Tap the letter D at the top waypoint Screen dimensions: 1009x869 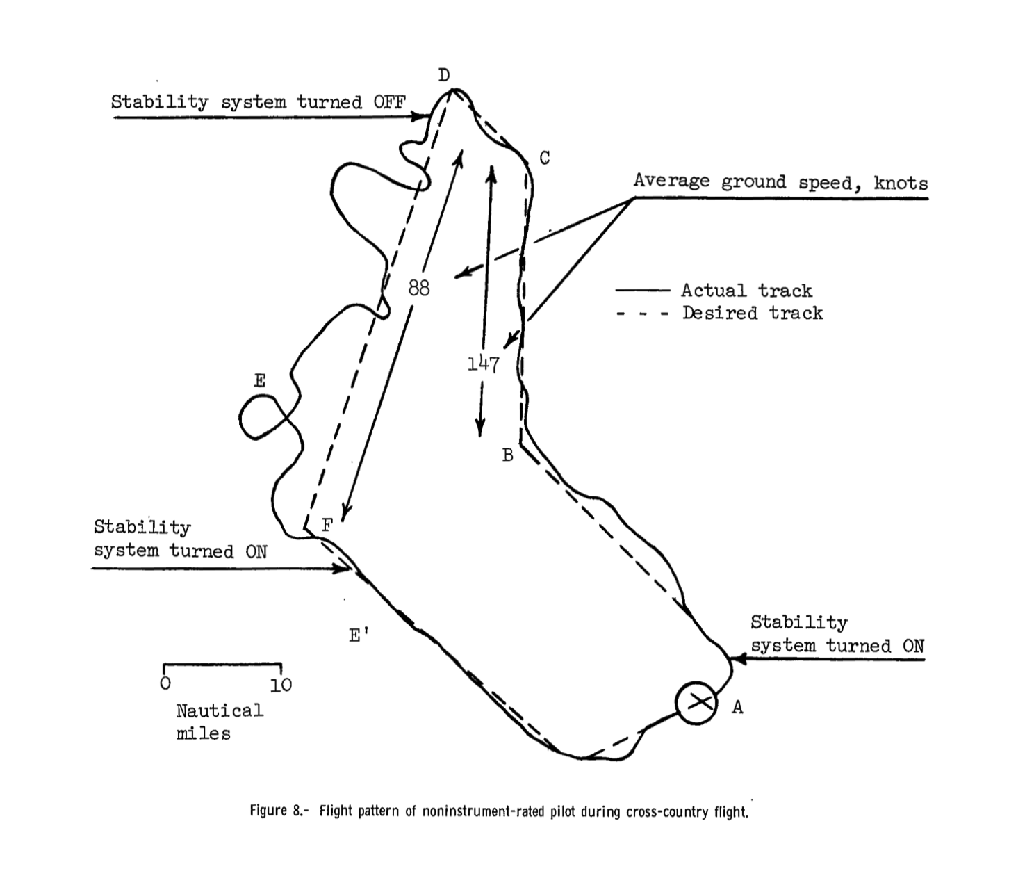coord(445,75)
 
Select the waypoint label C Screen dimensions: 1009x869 coord(545,159)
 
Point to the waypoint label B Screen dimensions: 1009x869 coord(508,455)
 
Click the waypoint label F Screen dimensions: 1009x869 coord(327,526)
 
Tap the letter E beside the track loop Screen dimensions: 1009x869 coord(260,381)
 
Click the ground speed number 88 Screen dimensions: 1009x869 coord(419,288)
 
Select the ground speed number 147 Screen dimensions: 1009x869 coord(483,364)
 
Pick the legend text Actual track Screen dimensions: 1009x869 coord(746,291)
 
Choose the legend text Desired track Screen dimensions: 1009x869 coord(752,314)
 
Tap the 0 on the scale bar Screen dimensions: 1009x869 coord(165,684)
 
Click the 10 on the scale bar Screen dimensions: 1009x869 coord(281,685)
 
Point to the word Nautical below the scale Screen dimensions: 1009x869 coord(220,710)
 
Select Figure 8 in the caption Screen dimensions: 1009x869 coord(278,811)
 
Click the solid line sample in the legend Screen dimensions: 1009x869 coord(643,291)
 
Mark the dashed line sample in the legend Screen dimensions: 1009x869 coord(643,314)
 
